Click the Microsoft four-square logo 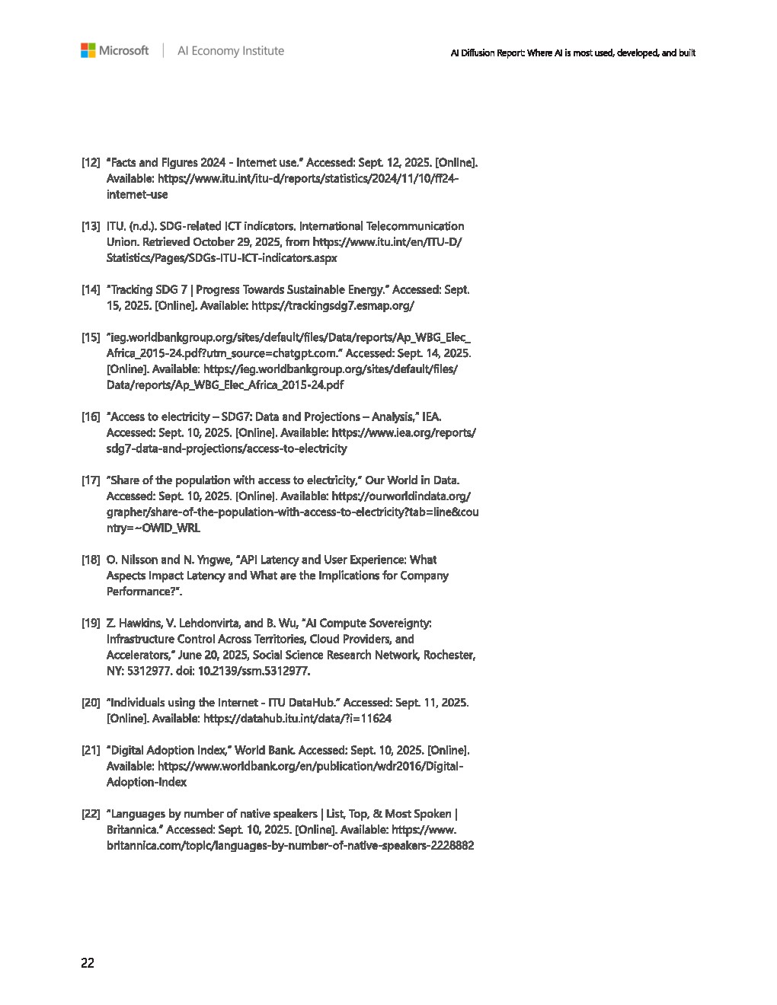[x=88, y=51]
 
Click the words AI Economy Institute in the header [x=230, y=51]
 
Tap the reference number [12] [x=91, y=162]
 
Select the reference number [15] [x=91, y=337]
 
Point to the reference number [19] [x=91, y=623]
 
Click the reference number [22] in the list [x=91, y=813]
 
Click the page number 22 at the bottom [x=88, y=963]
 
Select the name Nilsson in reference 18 [x=139, y=560]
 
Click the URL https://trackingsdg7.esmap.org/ [x=333, y=305]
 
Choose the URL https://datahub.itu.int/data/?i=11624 [x=298, y=718]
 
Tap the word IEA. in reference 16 [x=431, y=416]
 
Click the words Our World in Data [x=412, y=480]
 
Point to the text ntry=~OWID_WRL [x=153, y=528]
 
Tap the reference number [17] [x=91, y=480]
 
